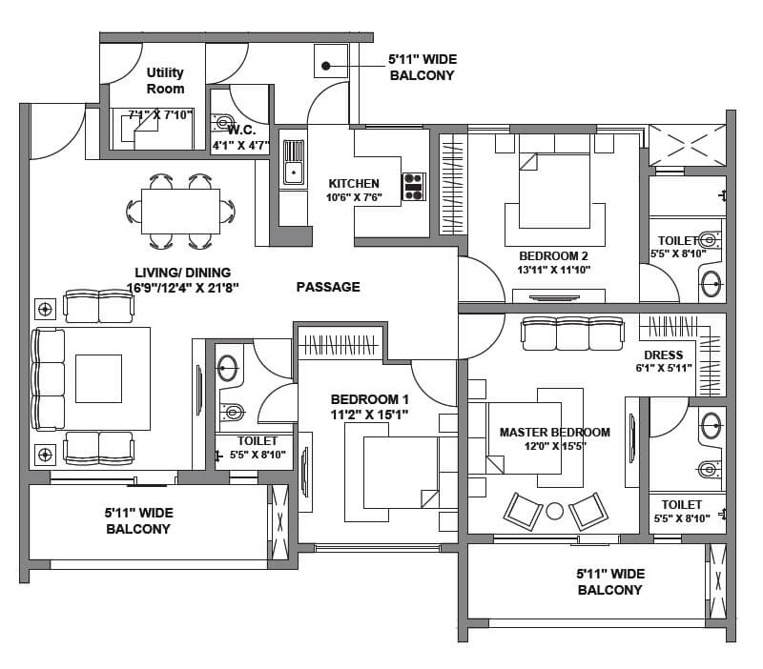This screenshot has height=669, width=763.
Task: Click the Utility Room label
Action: click(x=165, y=80)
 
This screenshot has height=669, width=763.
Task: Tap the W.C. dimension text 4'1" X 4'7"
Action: click(x=240, y=146)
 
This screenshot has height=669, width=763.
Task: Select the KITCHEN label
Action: click(x=354, y=184)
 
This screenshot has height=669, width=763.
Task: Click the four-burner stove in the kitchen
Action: click(x=414, y=186)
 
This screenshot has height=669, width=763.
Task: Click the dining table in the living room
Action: click(x=180, y=210)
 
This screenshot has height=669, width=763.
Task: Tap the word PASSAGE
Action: click(x=328, y=287)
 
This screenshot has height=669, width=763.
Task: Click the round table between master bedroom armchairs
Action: click(x=554, y=510)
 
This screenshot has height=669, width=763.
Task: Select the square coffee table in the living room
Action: click(x=98, y=378)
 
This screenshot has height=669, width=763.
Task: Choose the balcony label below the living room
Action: click(x=137, y=520)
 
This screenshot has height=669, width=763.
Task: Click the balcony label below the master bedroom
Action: click(x=610, y=581)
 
